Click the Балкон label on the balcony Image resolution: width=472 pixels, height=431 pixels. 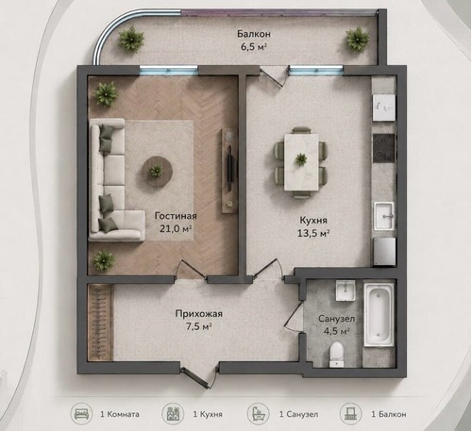[x=254, y=34]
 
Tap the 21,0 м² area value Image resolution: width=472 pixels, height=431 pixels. [x=176, y=228]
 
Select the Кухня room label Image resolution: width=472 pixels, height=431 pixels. [x=313, y=221]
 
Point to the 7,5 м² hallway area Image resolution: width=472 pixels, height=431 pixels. [x=198, y=326]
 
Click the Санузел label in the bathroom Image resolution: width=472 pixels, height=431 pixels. [x=336, y=319]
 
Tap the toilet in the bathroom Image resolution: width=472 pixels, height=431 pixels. [x=336, y=355]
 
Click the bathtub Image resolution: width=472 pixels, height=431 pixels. [x=379, y=314]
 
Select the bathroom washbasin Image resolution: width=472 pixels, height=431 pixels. [x=346, y=290]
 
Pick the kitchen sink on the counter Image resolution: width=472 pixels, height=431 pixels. [x=384, y=216]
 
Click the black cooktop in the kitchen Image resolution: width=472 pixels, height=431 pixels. [x=384, y=148]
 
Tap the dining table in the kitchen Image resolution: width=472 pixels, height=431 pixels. [x=301, y=162]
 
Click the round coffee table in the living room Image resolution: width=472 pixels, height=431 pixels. [x=157, y=172]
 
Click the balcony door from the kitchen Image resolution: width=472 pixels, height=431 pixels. [x=273, y=75]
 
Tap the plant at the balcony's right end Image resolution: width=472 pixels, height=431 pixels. [x=358, y=40]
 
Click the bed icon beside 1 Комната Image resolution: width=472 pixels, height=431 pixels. [x=81, y=414]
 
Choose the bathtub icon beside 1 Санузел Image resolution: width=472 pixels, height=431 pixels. [x=258, y=414]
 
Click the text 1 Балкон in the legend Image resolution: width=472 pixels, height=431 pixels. [x=389, y=414]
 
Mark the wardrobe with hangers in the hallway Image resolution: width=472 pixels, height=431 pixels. [x=100, y=323]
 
